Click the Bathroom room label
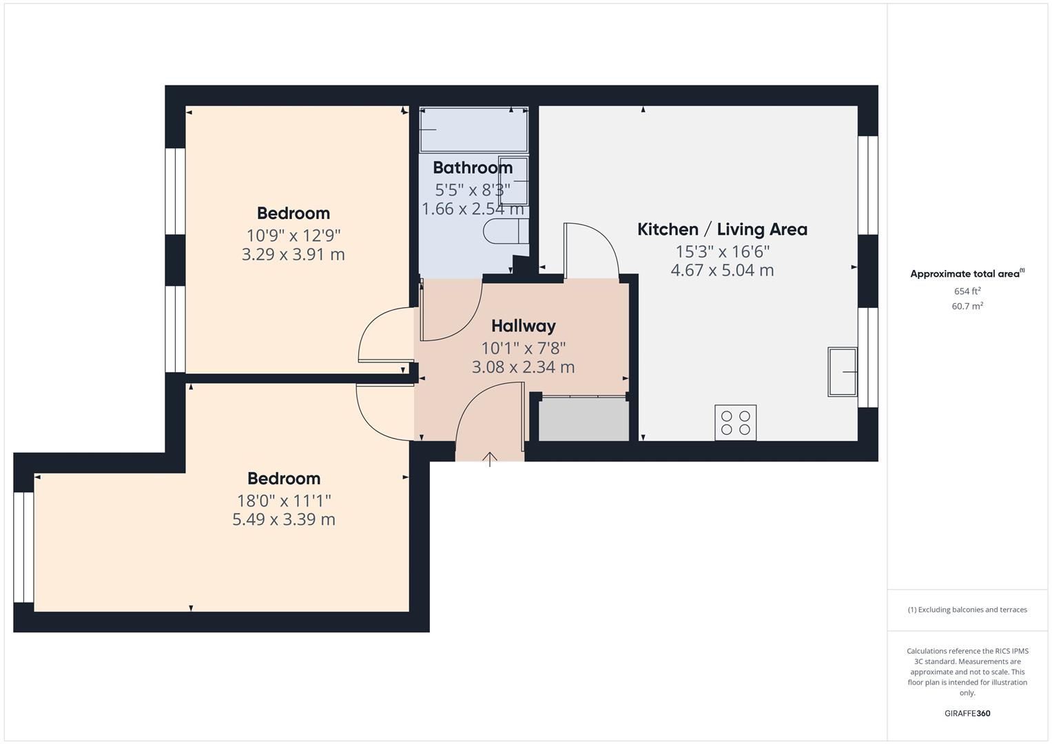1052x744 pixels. click(x=473, y=167)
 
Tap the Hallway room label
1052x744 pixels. click(x=523, y=326)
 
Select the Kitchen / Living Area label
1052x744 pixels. click(x=722, y=229)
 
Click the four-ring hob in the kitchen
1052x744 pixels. click(x=735, y=422)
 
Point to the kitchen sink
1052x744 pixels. click(x=842, y=372)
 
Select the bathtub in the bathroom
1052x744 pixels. click(x=473, y=130)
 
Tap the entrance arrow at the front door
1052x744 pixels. click(x=490, y=459)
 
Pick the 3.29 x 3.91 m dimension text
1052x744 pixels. click(x=293, y=254)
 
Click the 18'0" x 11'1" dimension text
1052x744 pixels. click(x=284, y=501)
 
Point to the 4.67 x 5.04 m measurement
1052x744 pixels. click(x=722, y=270)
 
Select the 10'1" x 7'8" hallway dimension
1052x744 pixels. click(x=523, y=348)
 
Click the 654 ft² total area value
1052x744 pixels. click(x=967, y=291)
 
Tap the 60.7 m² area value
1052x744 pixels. click(x=967, y=306)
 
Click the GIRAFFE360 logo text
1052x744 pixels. click(x=967, y=713)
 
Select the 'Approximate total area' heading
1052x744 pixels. click(x=966, y=273)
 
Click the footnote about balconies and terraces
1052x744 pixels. click(x=967, y=610)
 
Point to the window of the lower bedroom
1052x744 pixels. click(x=23, y=547)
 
